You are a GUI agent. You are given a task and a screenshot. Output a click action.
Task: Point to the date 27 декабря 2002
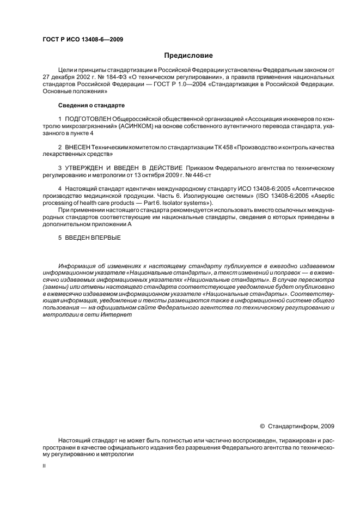[x=65, y=78]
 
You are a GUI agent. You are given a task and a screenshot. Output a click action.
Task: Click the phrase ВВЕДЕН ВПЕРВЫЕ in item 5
[x=93, y=238]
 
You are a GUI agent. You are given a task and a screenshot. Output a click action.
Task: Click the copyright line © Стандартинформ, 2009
[x=296, y=427]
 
